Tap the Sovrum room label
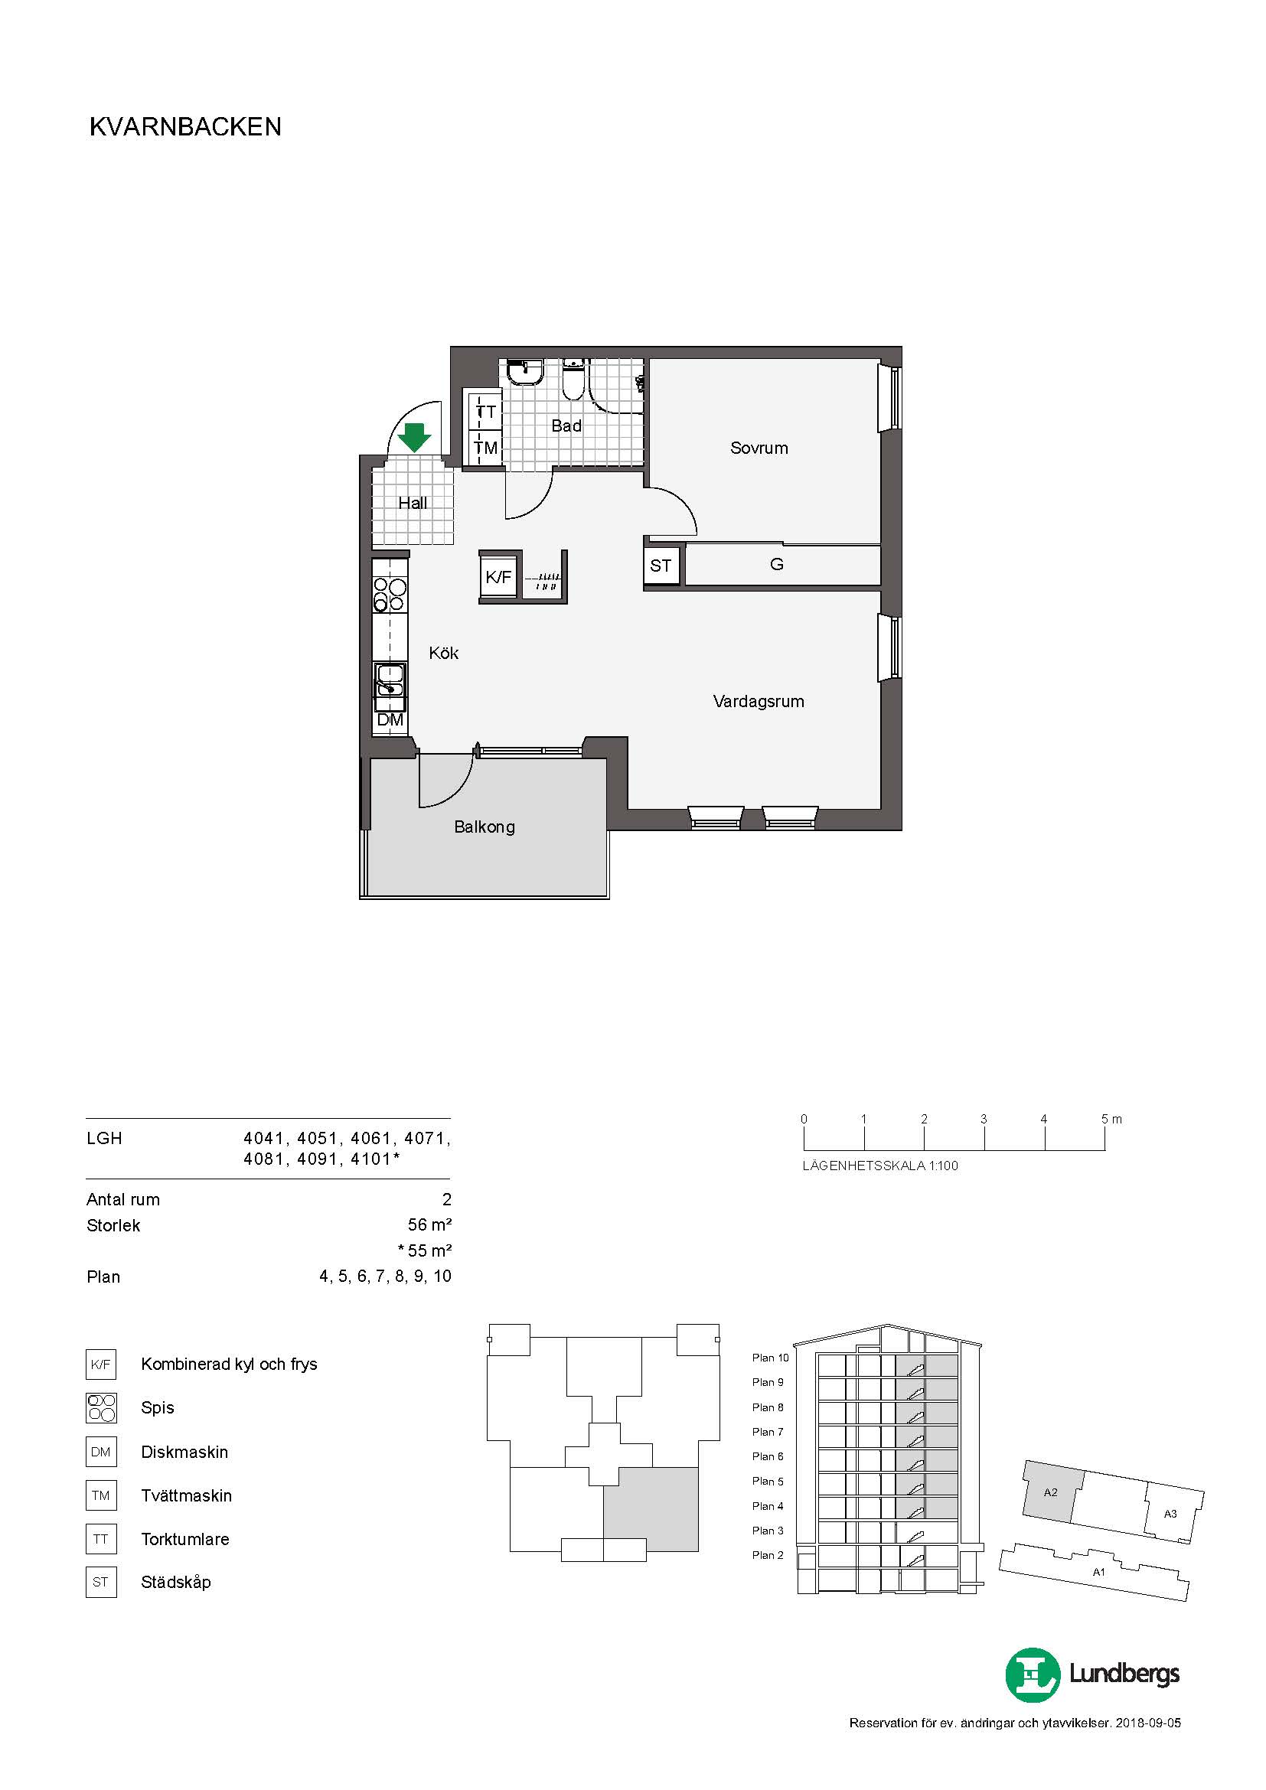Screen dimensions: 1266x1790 click(x=759, y=448)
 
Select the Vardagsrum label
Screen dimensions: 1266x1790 click(x=759, y=702)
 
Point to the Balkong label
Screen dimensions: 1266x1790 click(x=484, y=827)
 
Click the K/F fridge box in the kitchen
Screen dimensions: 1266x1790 click(x=498, y=577)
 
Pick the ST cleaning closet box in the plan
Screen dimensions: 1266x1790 click(x=661, y=566)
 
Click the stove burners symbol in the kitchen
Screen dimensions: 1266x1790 click(x=390, y=594)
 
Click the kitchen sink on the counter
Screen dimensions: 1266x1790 click(x=390, y=680)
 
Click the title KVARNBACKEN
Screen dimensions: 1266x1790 click(x=185, y=127)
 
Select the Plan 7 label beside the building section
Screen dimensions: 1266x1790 click(x=767, y=1432)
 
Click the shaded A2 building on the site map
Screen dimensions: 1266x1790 click(x=1052, y=1492)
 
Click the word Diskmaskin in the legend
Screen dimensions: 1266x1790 click(x=184, y=1452)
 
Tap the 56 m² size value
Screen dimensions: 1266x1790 click(x=429, y=1224)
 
